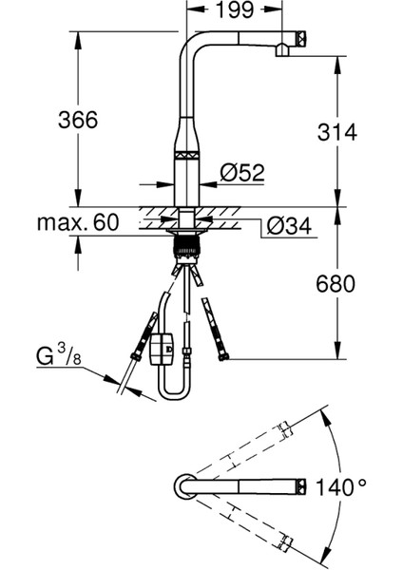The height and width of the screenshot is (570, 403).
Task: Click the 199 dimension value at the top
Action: tap(235, 9)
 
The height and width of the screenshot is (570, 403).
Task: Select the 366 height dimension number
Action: tap(78, 120)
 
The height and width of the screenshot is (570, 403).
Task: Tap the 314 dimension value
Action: tap(337, 132)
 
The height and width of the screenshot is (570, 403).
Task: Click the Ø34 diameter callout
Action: tap(289, 226)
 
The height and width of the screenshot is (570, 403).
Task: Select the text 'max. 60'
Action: tap(78, 222)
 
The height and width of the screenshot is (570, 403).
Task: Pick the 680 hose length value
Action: tap(335, 283)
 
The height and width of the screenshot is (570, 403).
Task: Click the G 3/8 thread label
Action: tap(59, 355)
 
